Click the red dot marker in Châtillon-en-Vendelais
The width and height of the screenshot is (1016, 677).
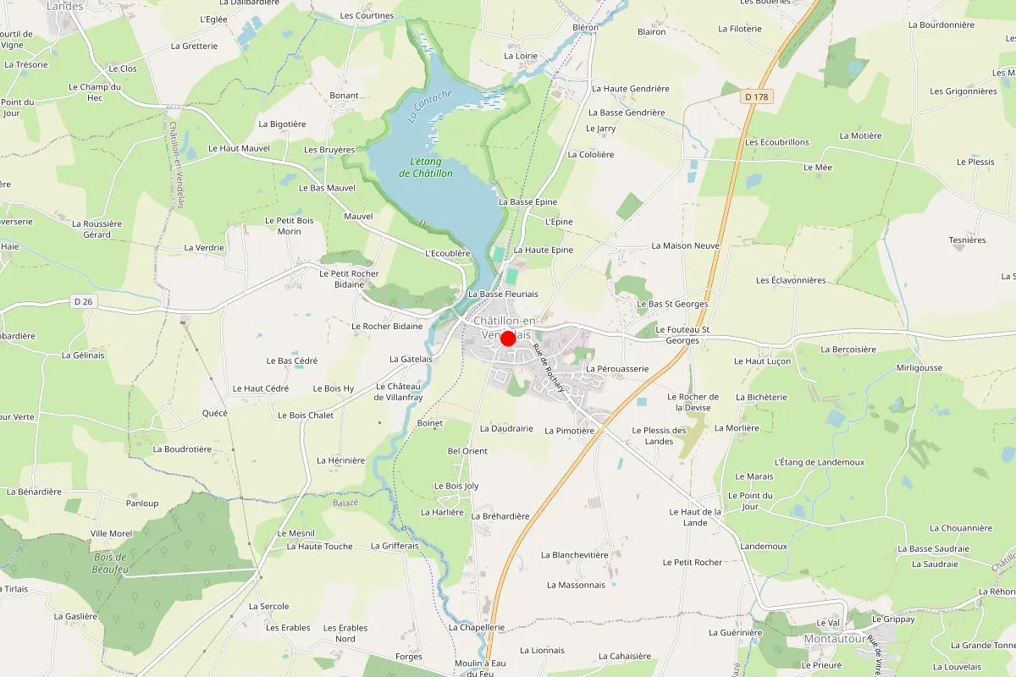coord(508,338)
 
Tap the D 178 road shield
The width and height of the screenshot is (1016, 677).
coord(758,97)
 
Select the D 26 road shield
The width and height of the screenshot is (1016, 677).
coord(82,301)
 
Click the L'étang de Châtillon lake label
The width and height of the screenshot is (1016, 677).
coord(426,168)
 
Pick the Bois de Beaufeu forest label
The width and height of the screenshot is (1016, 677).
coord(109,563)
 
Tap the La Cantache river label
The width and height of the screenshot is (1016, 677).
coord(430,107)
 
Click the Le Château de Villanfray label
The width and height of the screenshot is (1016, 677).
coord(398,391)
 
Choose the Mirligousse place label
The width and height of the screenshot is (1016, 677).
coord(919,368)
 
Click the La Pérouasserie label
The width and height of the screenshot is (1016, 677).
coord(617,369)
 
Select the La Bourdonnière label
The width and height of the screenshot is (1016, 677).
coord(941,25)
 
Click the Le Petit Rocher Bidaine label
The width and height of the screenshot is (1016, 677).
coord(349,279)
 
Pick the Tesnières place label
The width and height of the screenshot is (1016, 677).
coord(967,239)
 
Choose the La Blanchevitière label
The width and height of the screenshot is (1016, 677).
coord(575,555)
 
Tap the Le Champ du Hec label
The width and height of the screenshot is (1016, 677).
coord(96,92)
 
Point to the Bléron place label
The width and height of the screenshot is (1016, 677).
coord(585,27)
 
